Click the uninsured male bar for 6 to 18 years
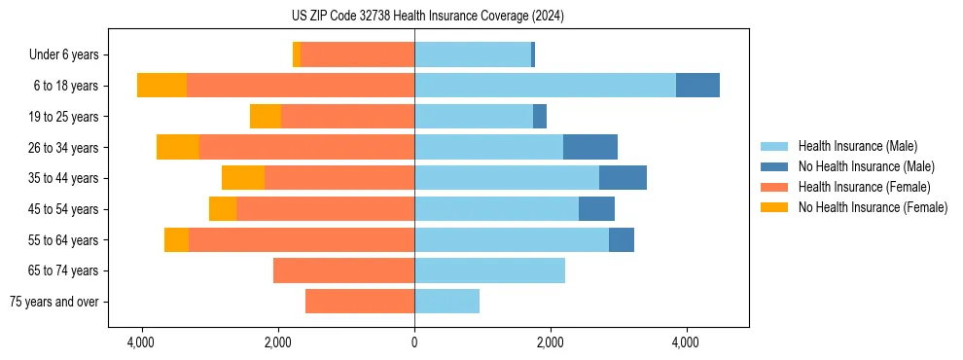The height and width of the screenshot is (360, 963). click(x=697, y=86)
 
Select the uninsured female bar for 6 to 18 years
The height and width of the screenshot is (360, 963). click(x=161, y=86)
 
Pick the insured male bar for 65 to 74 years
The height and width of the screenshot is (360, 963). click(x=489, y=270)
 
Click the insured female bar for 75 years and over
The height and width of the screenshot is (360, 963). click(x=360, y=302)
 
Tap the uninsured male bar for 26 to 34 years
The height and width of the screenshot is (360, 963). click(x=590, y=148)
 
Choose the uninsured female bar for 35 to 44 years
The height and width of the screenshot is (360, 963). click(x=243, y=178)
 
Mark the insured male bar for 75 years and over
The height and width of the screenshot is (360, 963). click(x=446, y=302)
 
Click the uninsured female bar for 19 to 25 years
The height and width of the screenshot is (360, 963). click(x=266, y=117)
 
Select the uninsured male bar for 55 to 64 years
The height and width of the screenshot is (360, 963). click(x=622, y=240)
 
